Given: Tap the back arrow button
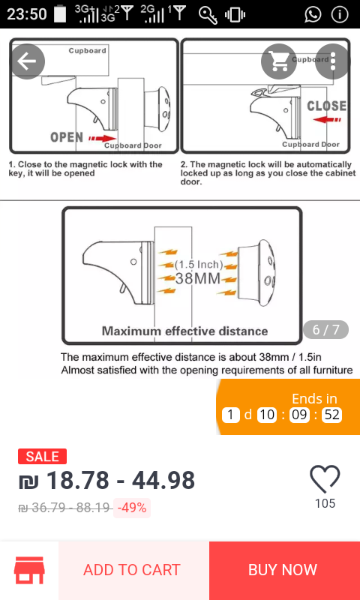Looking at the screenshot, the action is [27, 61].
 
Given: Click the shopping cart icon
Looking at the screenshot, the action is [279, 61].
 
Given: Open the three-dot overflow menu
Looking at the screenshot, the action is [332, 61].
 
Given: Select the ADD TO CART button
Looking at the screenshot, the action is [131, 570].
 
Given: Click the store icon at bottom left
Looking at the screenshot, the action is [29, 570].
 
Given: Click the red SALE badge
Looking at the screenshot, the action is [42, 457].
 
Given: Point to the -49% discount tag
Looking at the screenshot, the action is [131, 508].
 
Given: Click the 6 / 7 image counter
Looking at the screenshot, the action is [326, 329].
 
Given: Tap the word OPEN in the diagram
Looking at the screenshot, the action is [67, 137].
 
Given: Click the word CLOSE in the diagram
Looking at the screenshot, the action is [326, 106].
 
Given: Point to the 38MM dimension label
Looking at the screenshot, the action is [198, 278].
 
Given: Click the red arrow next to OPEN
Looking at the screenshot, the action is [102, 138].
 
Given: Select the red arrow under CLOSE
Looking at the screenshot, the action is [327, 120].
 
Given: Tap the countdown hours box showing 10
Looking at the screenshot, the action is [267, 415].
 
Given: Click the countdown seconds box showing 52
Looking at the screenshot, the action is [331, 415].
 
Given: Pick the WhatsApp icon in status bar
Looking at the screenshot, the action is [313, 14].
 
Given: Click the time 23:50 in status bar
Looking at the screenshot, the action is [27, 14].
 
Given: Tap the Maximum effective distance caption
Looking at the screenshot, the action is [184, 331].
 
